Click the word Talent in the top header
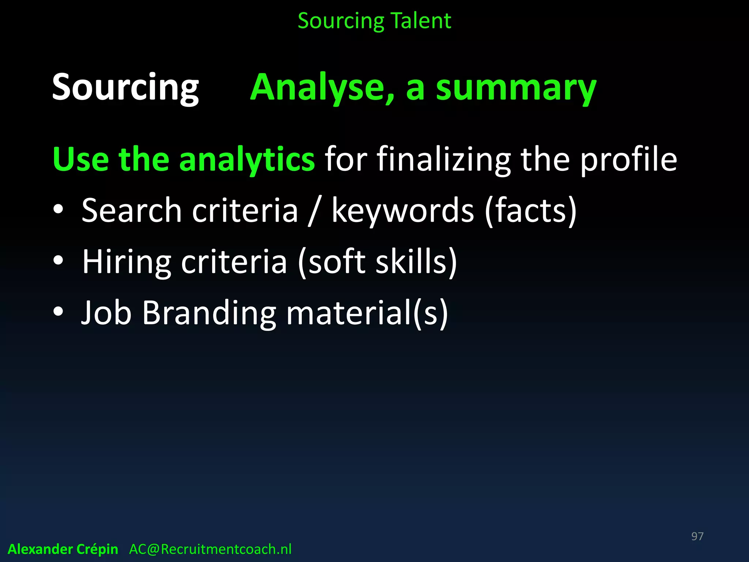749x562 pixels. point(421,21)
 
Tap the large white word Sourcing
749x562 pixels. point(125,88)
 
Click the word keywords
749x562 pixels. point(403,211)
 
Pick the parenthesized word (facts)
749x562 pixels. point(531,211)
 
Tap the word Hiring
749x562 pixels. point(127,262)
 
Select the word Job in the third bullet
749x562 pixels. point(106,313)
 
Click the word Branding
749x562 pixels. point(209,314)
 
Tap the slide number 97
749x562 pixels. point(697,536)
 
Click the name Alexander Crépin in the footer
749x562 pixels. point(63,549)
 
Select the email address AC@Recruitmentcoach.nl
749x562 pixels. point(210,549)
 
